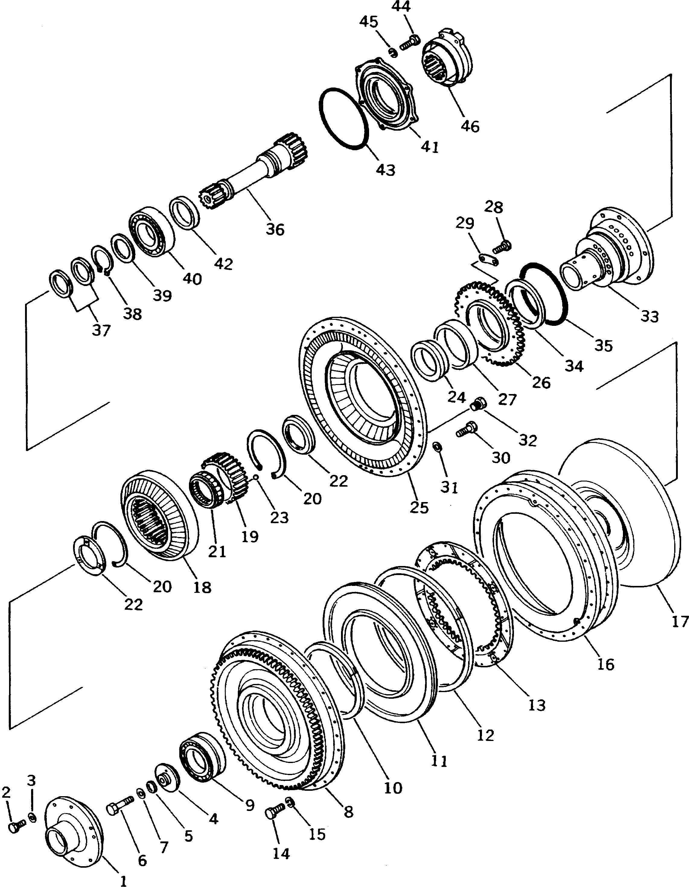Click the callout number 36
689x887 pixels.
[275, 230]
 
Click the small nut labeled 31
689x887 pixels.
[438, 446]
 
